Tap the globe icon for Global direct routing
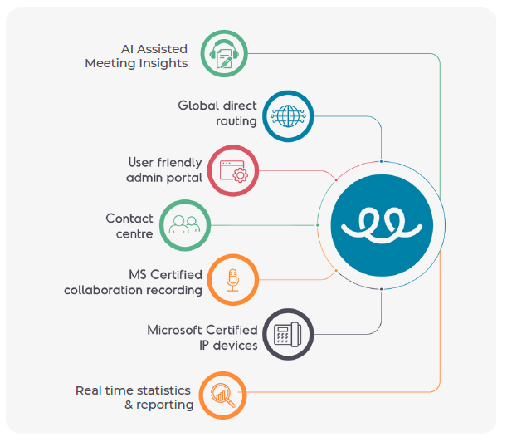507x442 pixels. (287, 115)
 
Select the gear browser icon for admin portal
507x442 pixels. (233, 170)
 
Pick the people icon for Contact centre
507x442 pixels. (184, 224)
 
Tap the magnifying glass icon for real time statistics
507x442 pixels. (222, 395)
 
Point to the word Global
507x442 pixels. (197, 106)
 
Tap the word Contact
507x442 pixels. (129, 219)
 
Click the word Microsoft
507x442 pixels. (177, 330)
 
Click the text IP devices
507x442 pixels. (228, 345)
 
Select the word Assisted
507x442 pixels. (160, 48)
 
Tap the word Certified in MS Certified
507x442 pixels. (176, 274)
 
